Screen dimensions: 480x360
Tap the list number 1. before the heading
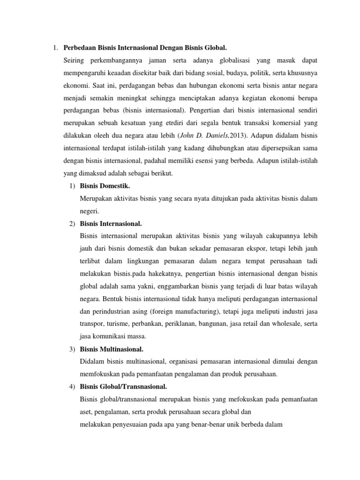pyautogui.click(x=55, y=47)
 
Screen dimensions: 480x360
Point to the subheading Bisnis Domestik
pyautogui.click(x=105, y=186)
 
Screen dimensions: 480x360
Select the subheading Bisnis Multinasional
pyautogui.click(x=112, y=349)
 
